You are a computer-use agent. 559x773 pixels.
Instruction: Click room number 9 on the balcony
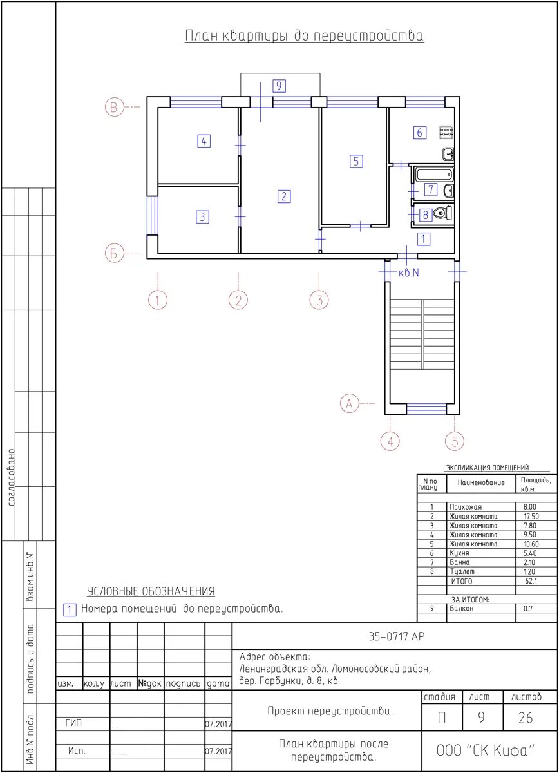coord(279,86)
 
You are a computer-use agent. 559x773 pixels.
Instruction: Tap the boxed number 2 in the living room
coord(284,196)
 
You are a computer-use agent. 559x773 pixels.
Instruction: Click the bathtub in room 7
coord(434,174)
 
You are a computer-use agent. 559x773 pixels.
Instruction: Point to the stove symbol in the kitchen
coord(446,133)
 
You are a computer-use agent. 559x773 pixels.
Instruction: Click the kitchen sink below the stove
coord(448,154)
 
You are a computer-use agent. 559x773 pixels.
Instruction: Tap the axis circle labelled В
coord(114,107)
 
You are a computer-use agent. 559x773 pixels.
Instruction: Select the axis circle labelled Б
coord(114,253)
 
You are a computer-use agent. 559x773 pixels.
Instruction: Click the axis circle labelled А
coord(349,403)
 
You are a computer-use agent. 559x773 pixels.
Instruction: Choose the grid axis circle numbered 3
coord(319,300)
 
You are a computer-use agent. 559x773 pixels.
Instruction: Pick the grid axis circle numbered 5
coord(455,441)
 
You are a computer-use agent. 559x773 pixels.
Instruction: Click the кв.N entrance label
coord(408,273)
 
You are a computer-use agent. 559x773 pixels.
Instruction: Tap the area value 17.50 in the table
coord(531,516)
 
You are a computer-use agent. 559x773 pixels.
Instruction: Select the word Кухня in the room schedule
coord(459,553)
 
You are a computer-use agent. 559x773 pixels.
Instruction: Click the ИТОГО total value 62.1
coord(531,581)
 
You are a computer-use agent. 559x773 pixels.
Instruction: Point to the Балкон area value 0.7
coord(528,608)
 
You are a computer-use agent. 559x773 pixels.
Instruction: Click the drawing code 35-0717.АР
coord(397,636)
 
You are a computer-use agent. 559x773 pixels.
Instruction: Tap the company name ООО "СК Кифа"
coord(486,750)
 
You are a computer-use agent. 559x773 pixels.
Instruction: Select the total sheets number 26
coord(526,718)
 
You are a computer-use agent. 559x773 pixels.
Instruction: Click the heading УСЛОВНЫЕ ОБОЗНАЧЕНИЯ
coord(151,591)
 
